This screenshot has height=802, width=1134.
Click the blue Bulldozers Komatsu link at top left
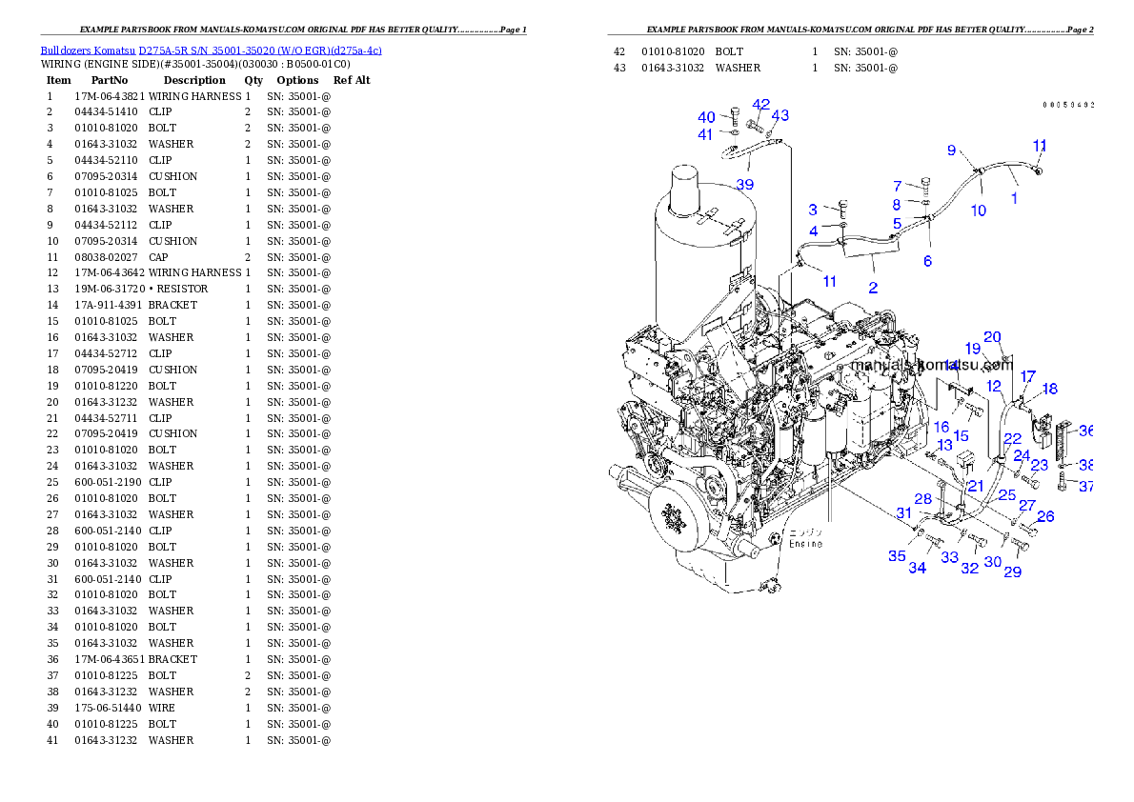click(x=211, y=50)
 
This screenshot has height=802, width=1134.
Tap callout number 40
click(x=706, y=117)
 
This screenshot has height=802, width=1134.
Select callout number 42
click(x=760, y=105)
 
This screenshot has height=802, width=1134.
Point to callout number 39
click(x=743, y=185)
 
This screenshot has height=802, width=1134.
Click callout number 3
click(x=813, y=210)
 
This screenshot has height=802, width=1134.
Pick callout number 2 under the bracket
click(x=873, y=287)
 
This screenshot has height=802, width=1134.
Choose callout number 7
click(x=897, y=186)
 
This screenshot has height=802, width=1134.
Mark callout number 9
click(x=951, y=150)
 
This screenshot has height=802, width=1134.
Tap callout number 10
click(x=979, y=211)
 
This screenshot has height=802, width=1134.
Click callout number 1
click(x=1014, y=199)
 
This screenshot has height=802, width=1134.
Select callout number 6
click(x=927, y=261)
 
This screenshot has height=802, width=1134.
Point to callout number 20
click(x=992, y=336)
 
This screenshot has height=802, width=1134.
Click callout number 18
click(x=1049, y=389)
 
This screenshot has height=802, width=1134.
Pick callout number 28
click(x=922, y=499)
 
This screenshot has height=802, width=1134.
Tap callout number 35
click(x=897, y=555)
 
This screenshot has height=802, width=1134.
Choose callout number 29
click(x=1012, y=571)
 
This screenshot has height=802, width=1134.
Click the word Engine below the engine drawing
click(x=805, y=544)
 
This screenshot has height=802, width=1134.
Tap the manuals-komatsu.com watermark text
click(x=931, y=365)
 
